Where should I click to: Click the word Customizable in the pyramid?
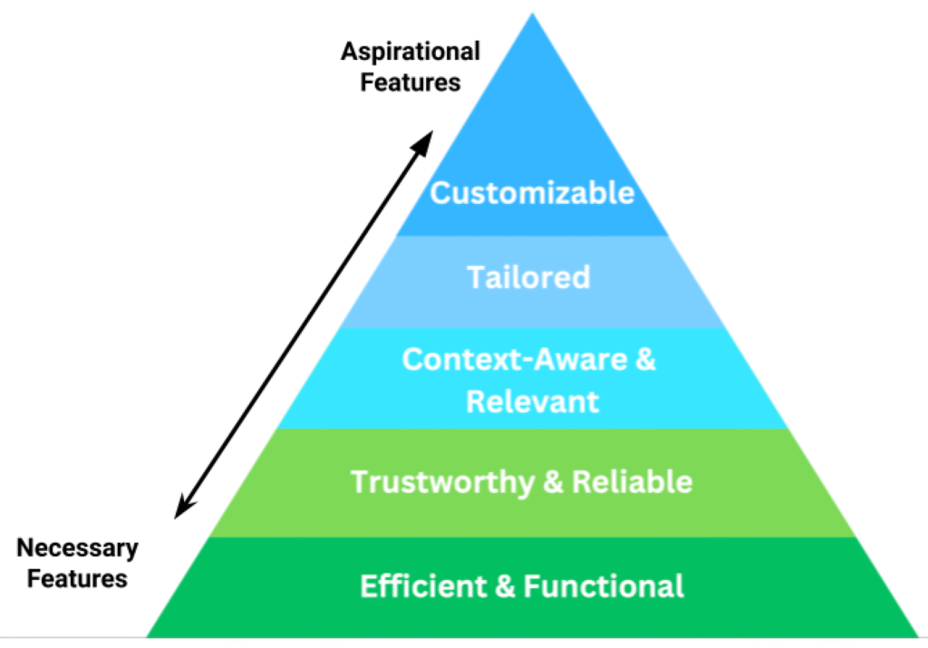tap(532, 193)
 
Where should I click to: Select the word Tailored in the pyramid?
tap(528, 276)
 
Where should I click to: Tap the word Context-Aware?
tap(515, 360)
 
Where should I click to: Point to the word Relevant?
tap(532, 401)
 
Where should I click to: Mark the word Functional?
tap(604, 586)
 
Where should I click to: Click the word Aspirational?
tap(411, 51)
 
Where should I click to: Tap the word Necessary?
tap(78, 547)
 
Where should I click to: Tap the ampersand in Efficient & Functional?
tap(506, 586)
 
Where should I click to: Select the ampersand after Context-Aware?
tap(643, 360)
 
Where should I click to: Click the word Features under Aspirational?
tap(411, 82)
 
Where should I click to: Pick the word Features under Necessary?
tap(78, 577)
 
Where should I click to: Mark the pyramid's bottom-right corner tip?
tap(917, 636)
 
